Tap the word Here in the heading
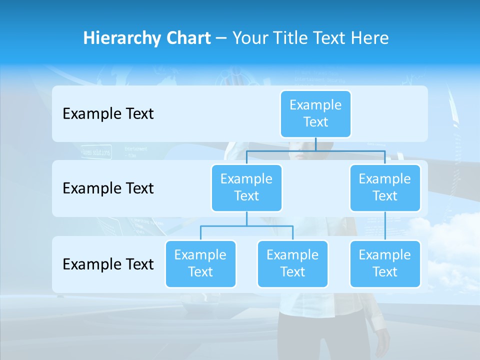[368, 38]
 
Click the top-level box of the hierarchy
[315, 114]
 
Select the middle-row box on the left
[246, 188]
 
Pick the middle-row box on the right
[385, 188]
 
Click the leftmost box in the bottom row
[200, 264]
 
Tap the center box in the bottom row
[292, 264]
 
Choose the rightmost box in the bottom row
[385, 264]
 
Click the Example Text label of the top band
[108, 114]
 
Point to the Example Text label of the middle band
[108, 188]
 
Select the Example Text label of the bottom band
[108, 264]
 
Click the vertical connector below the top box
[315, 144]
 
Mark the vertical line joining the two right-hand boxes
[385, 226]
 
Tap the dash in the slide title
[221, 38]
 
